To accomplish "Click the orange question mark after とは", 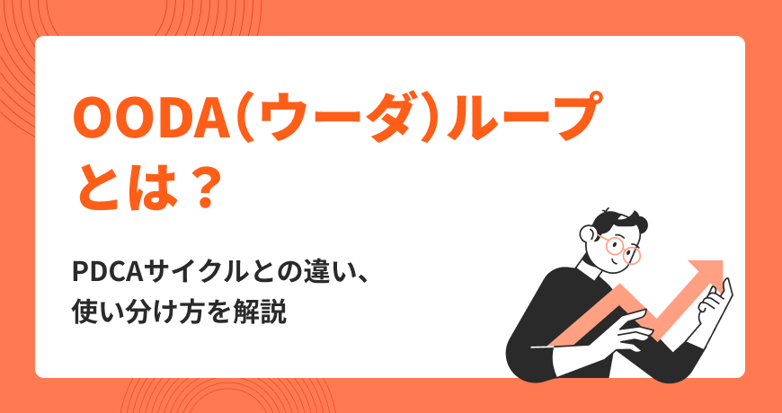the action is [202, 189].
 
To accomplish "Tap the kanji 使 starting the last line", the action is [84, 312].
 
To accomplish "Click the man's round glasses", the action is [618, 248].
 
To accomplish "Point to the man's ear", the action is [588, 233].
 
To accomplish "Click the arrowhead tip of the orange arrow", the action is [723, 260].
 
